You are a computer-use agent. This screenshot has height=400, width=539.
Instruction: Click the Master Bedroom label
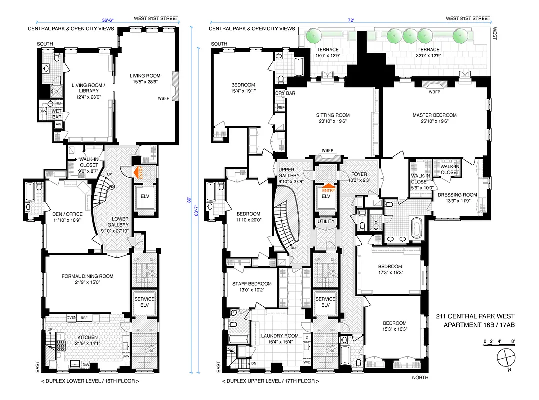point(434,115)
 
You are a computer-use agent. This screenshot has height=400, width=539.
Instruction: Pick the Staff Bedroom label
point(252,284)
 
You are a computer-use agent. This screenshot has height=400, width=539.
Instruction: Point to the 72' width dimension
point(351,20)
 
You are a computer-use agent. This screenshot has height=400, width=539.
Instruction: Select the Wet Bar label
point(57,114)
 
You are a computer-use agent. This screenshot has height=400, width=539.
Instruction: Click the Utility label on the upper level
point(326,221)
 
